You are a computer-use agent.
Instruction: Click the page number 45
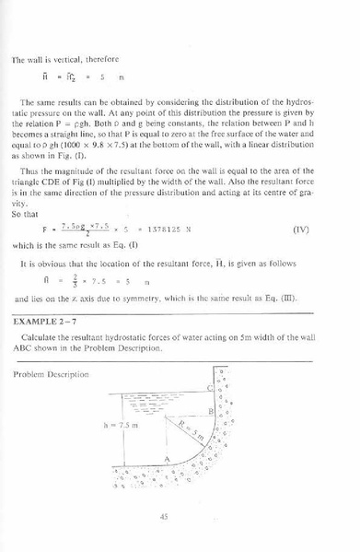165,516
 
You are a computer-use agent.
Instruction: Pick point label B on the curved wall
212,411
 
